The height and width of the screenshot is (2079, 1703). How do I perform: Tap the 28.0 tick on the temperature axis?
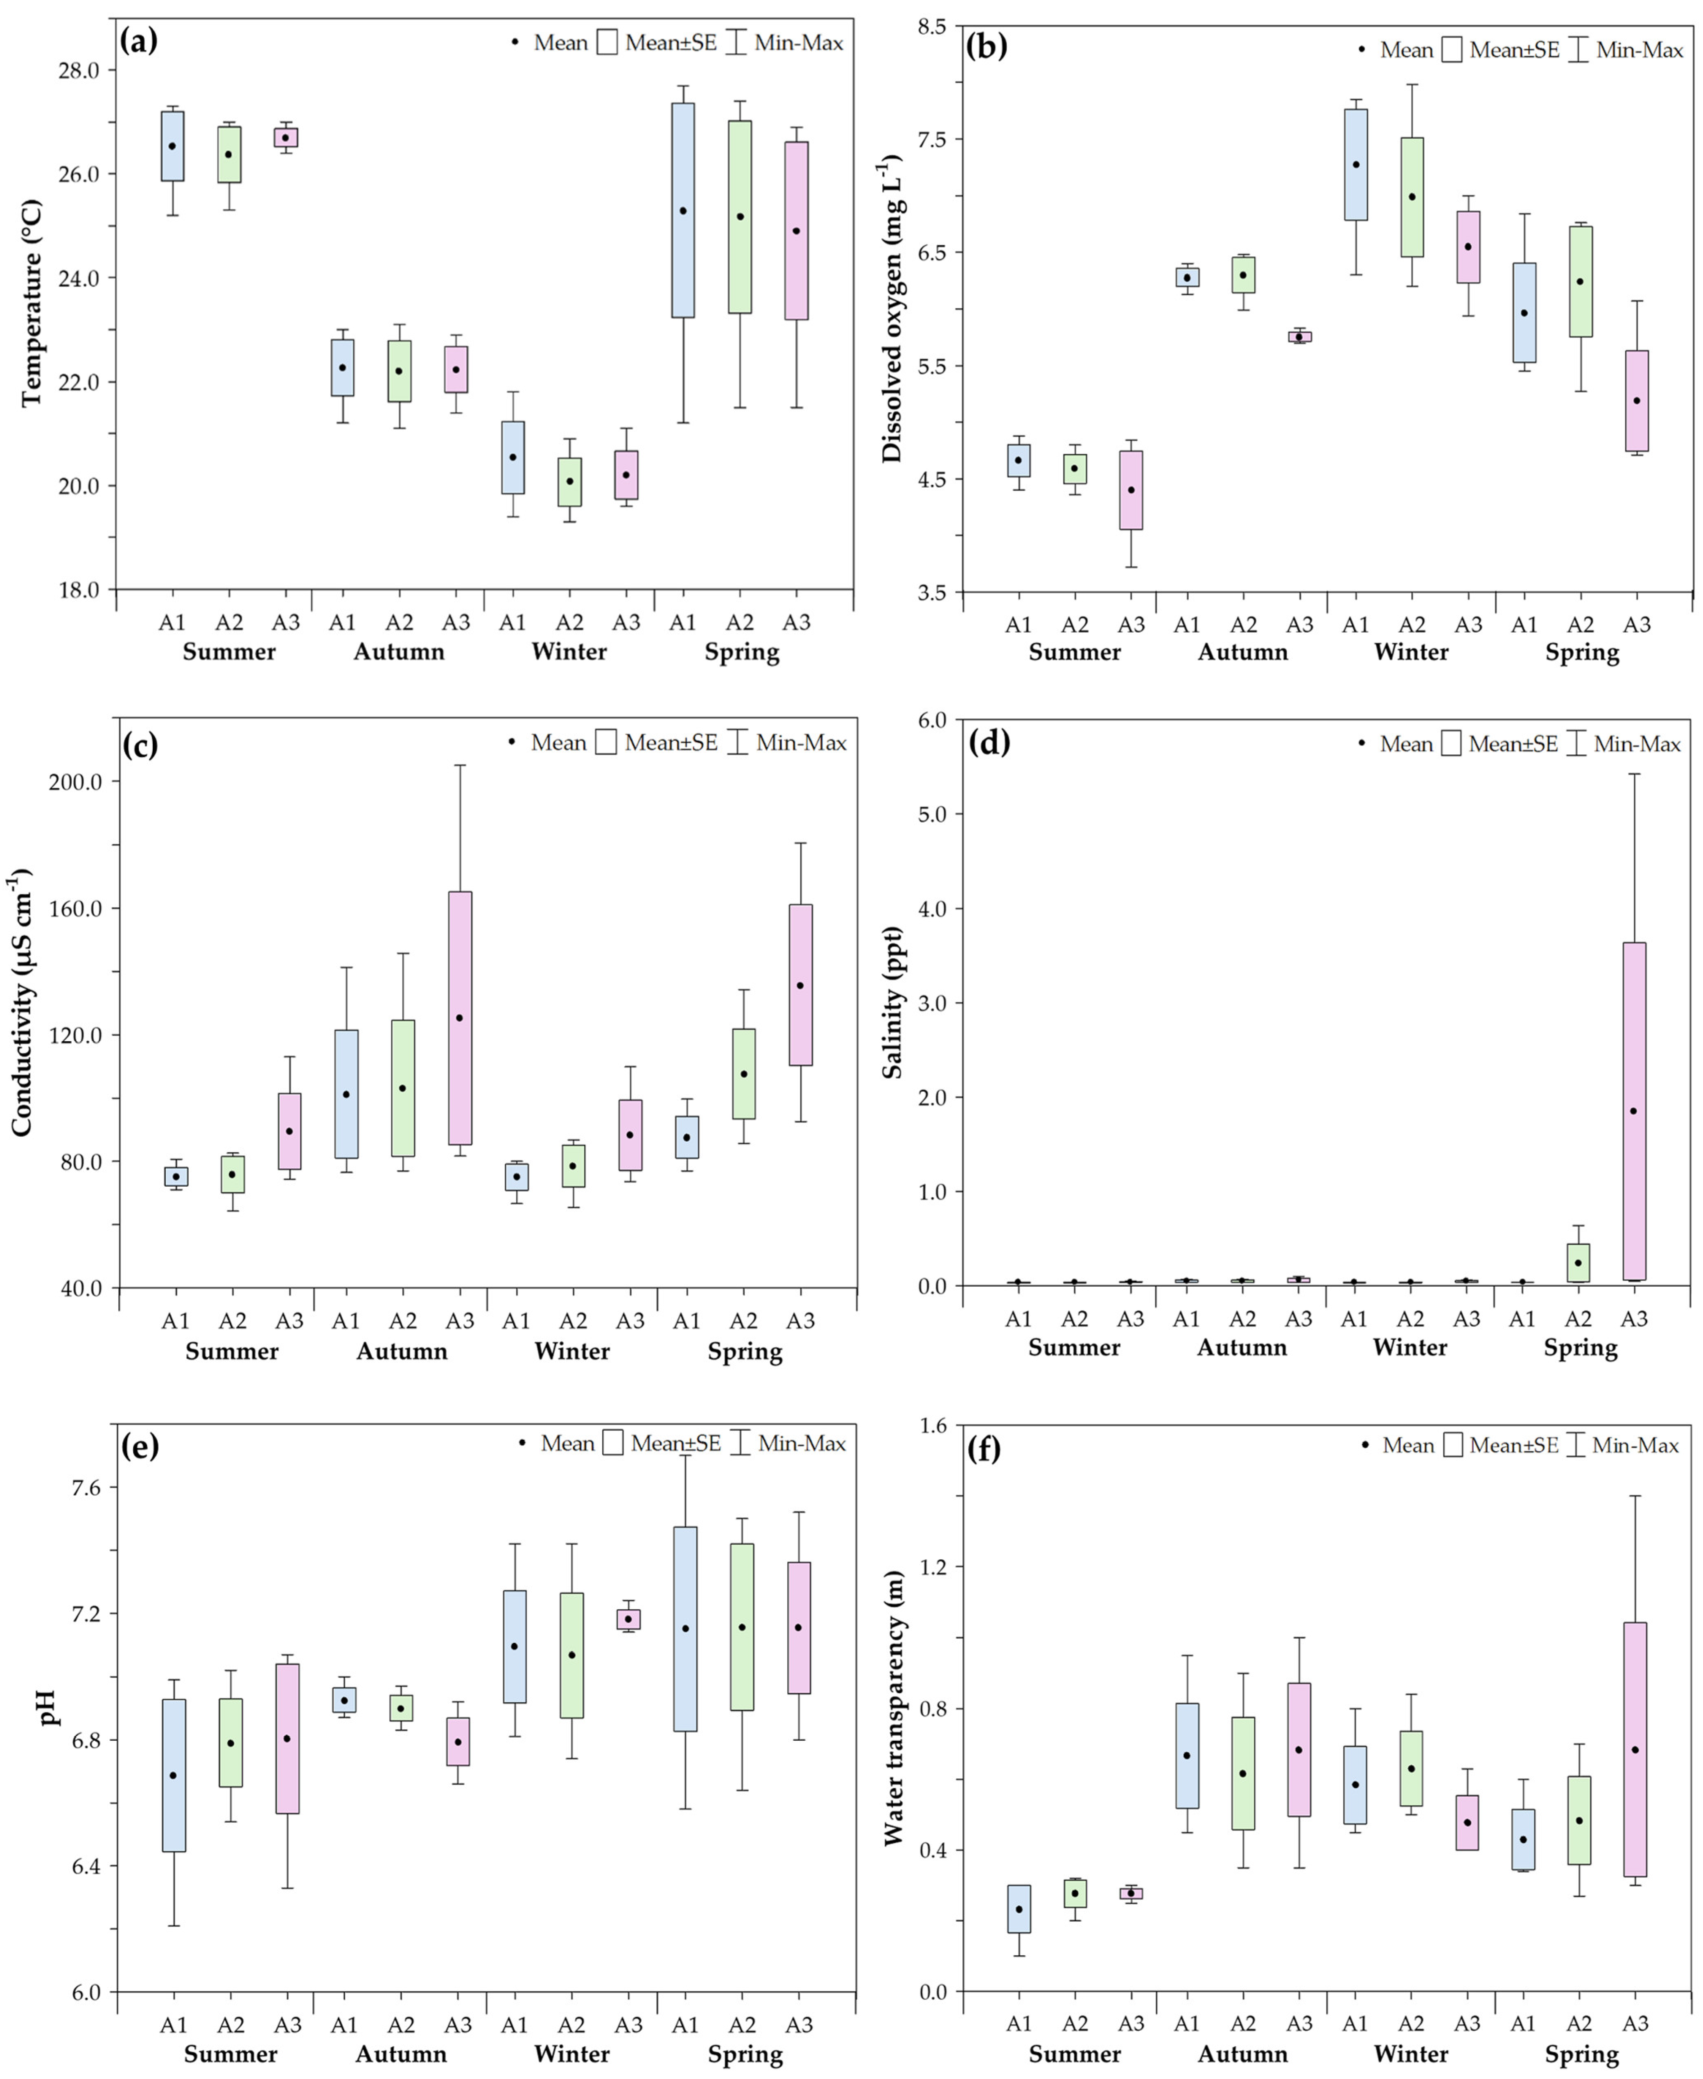pos(79,70)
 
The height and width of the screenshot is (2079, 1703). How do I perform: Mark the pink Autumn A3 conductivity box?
pos(460,1018)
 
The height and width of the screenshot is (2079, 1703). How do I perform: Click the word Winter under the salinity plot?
pos(1410,1347)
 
